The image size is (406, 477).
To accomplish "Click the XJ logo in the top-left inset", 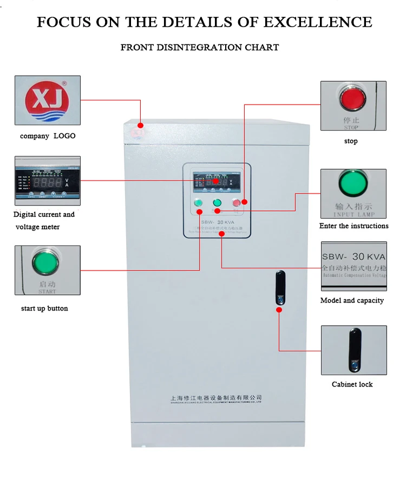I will point(47,100).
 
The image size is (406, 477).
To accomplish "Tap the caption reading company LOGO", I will point(48,136).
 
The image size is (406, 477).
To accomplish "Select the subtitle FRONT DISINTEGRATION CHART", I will point(200,47).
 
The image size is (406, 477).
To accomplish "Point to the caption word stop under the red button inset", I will point(351,141).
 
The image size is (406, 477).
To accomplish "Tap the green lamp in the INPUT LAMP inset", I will point(353,184).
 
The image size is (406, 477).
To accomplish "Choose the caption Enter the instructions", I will point(353,226).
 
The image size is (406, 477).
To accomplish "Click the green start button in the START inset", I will point(45,263).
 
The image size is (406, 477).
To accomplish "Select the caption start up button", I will point(44,308).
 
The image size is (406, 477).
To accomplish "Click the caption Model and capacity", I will point(352,300).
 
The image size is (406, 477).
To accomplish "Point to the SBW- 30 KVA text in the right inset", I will point(353,257).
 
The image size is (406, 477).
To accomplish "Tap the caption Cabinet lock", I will point(352,384).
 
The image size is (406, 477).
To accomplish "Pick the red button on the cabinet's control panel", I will point(237,203).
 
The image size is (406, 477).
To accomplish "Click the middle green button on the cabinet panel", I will point(217,203).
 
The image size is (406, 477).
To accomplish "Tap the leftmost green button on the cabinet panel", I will point(198,203).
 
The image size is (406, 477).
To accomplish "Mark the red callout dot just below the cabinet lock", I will point(279,310).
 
